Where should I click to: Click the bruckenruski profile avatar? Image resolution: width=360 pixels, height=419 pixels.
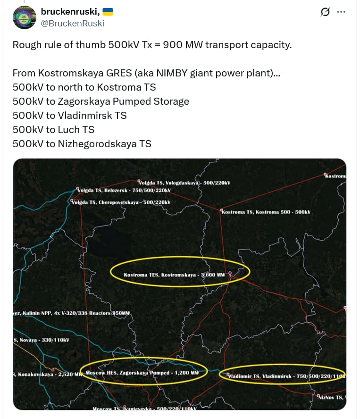tap(25, 17)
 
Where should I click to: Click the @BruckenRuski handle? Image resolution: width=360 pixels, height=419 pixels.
tap(73, 23)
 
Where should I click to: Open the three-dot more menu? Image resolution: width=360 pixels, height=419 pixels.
tap(341, 12)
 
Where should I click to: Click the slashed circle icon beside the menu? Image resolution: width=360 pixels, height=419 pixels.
tap(325, 12)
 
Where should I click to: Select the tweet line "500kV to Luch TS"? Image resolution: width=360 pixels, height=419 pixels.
tap(53, 130)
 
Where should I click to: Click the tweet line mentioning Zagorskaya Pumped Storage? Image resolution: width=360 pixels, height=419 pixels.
tap(100, 101)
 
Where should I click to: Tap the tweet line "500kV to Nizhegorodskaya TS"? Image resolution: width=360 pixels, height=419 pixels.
tap(82, 144)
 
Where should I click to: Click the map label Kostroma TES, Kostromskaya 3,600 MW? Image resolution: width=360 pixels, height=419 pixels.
tap(175, 274)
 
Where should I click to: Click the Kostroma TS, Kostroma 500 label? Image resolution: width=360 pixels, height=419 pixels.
tap(266, 212)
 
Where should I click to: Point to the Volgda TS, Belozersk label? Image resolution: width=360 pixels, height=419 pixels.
tap(124, 190)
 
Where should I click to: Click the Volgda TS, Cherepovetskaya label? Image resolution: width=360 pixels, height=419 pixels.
tap(121, 202)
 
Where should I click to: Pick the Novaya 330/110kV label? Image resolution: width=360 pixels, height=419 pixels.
tap(42, 340)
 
